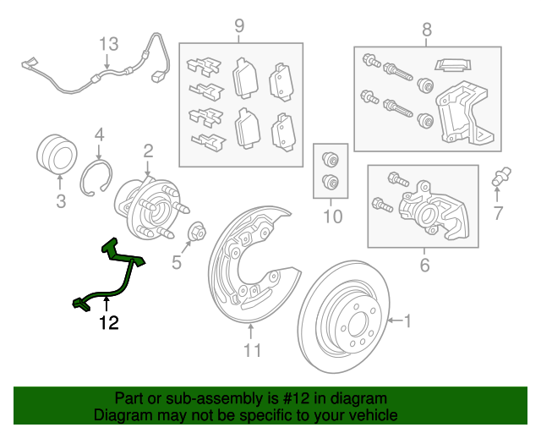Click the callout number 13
coord(109,44)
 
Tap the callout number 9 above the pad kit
coord(239,26)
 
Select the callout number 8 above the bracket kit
coord(427,30)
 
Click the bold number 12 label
coord(109,323)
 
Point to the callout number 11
coord(253,350)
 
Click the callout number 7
coord(498,213)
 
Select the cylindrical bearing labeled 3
coord(57,154)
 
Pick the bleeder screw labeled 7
coord(501,177)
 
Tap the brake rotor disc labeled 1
coord(344,317)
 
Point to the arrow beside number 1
coord(396,321)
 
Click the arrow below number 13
coord(107,62)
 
